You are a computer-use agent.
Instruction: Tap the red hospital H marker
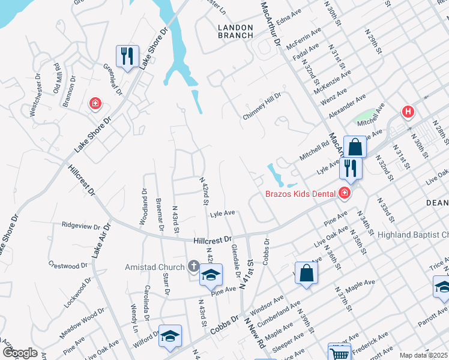pyautogui.click(x=408, y=112)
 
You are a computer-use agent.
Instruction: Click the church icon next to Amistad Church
pyautogui.click(x=193, y=265)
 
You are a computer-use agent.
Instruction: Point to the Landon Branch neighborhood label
pyautogui.click(x=236, y=31)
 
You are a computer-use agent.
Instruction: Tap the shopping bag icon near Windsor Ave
pyautogui.click(x=306, y=273)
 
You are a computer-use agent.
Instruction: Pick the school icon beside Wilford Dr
pyautogui.click(x=170, y=337)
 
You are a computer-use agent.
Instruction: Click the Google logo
pyautogui.click(x=20, y=353)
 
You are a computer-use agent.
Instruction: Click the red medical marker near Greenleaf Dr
pyautogui.click(x=95, y=104)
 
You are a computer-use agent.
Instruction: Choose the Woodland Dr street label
pyautogui.click(x=144, y=207)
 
